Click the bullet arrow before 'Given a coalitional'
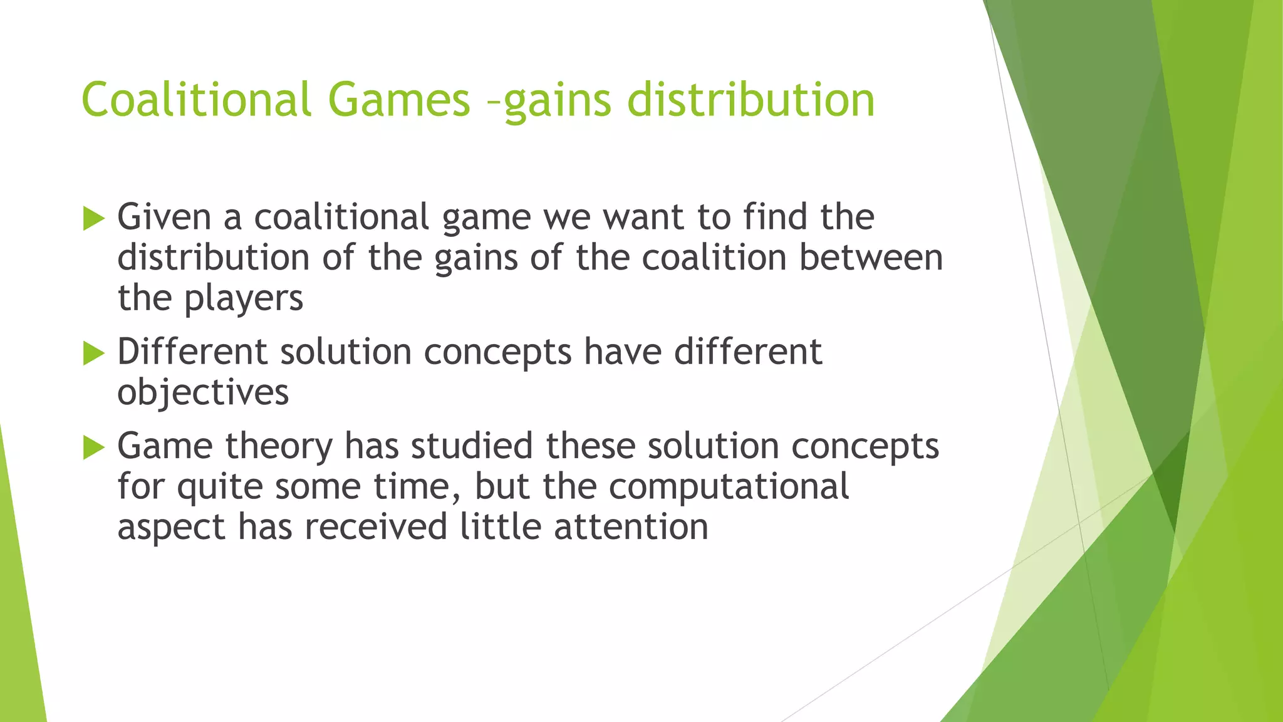[x=93, y=219]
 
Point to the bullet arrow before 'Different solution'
[x=93, y=354]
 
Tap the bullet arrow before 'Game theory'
[x=93, y=448]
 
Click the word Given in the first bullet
[x=164, y=217]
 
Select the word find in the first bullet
[x=775, y=217]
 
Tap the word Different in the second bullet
[x=192, y=352]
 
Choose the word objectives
[x=203, y=393]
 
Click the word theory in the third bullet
[x=279, y=446]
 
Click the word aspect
[x=171, y=527]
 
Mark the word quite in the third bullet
[x=219, y=488]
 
